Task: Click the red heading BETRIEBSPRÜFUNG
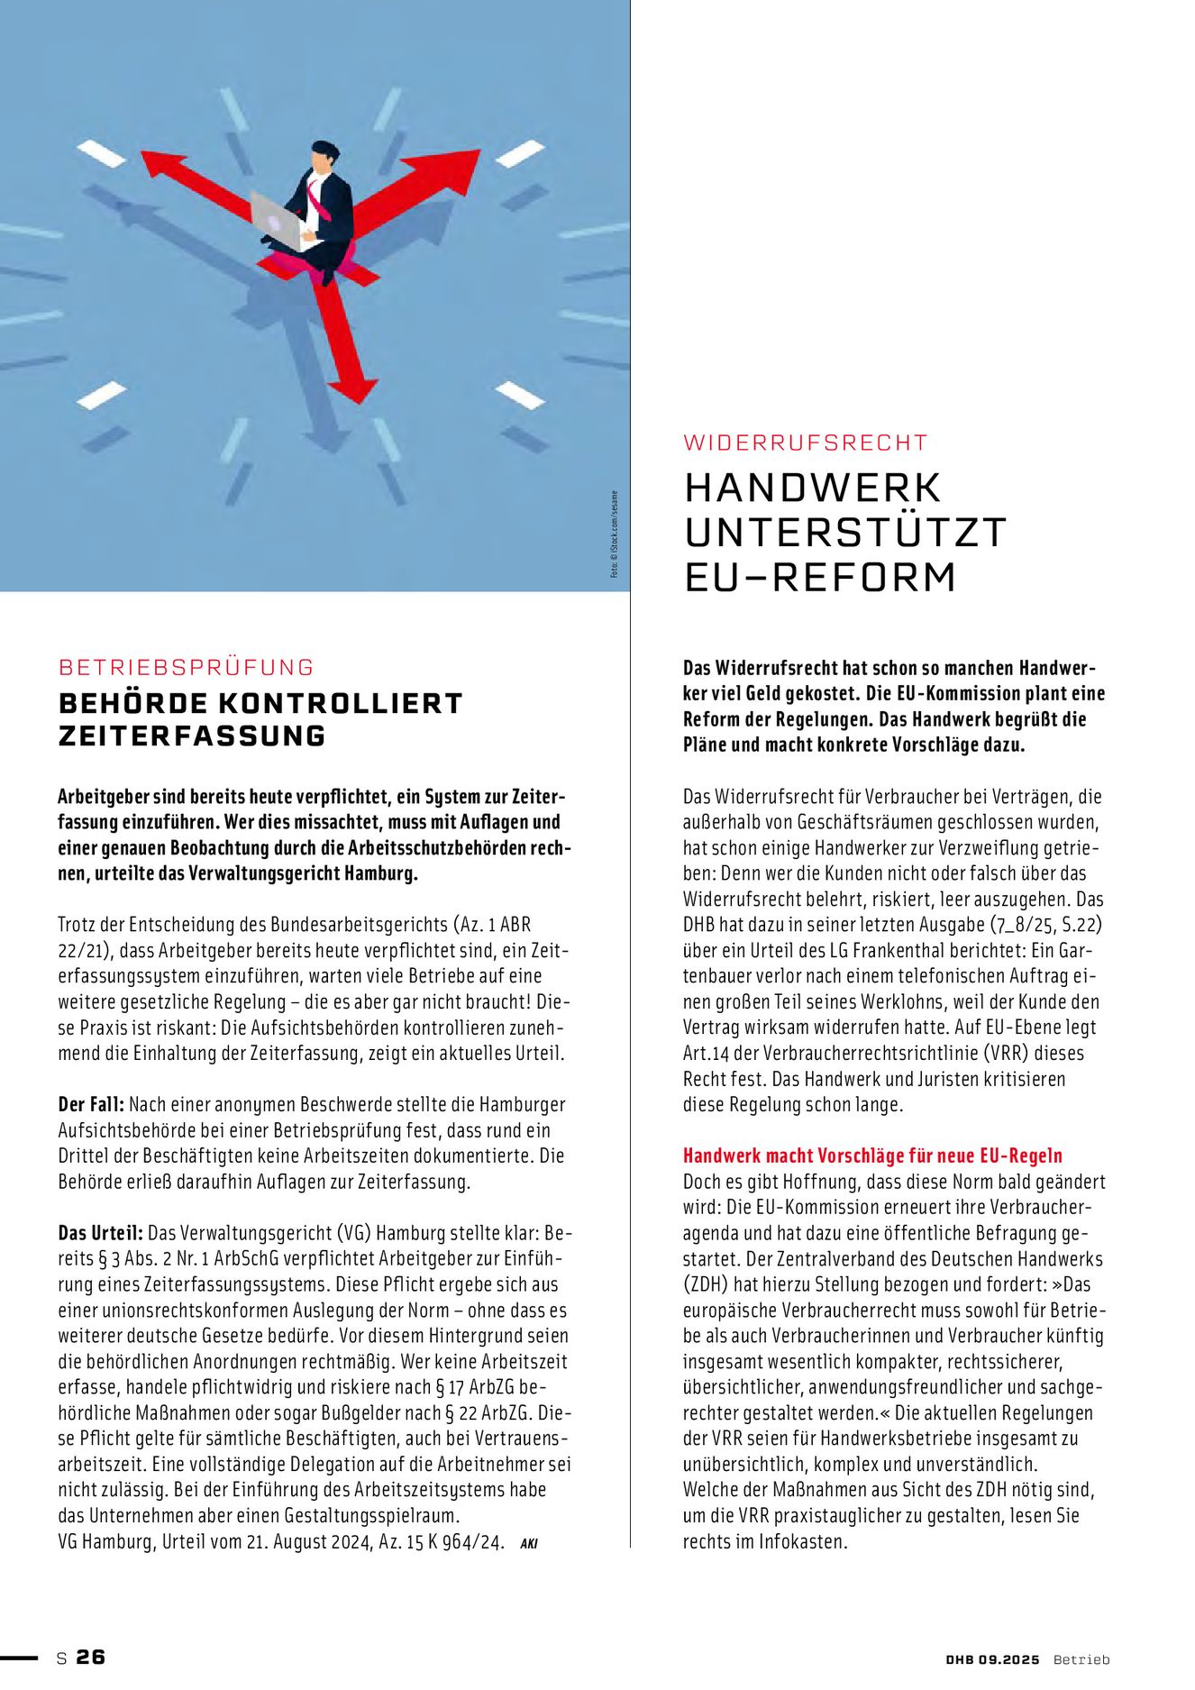(x=187, y=667)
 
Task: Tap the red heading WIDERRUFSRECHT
(x=806, y=443)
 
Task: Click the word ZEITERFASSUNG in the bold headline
(x=192, y=735)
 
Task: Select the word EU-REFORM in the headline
(x=820, y=577)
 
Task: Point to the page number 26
(x=91, y=1657)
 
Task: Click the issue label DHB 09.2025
(x=992, y=1659)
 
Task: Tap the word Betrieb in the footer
(x=1081, y=1659)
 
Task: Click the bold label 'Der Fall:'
(x=91, y=1104)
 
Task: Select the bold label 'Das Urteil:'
(x=100, y=1232)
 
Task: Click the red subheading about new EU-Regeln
(x=872, y=1156)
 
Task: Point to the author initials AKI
(x=529, y=1543)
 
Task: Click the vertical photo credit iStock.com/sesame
(x=615, y=534)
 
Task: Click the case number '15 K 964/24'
(x=453, y=1541)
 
